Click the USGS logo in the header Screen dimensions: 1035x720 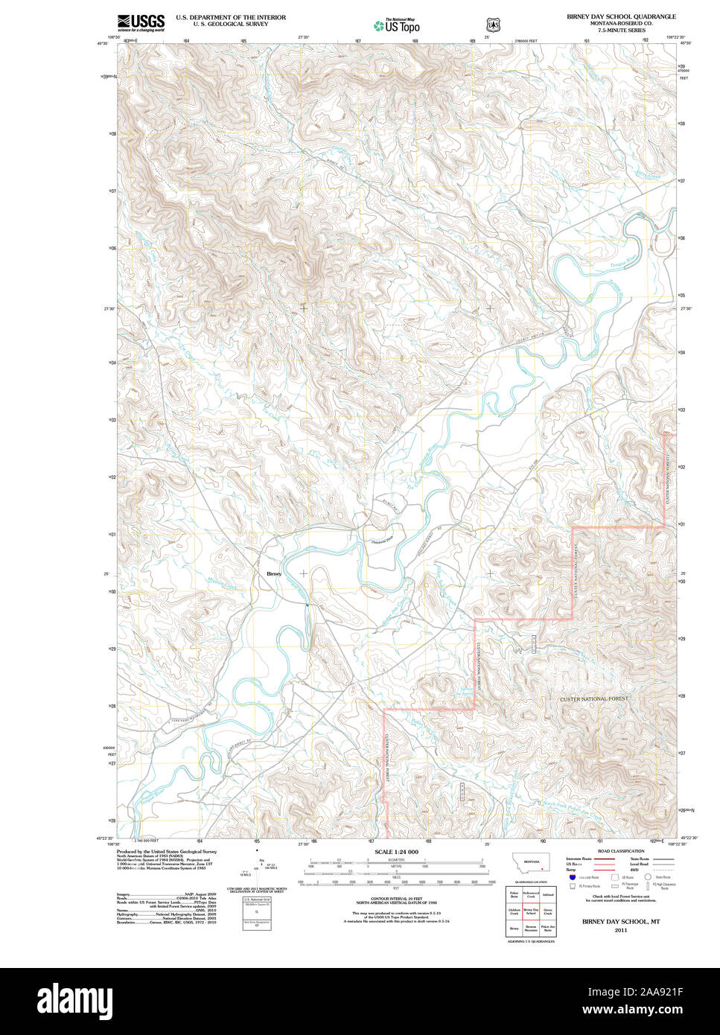[141, 22]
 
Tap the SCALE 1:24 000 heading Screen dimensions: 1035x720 [396, 852]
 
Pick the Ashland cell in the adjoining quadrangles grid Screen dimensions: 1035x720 [548, 894]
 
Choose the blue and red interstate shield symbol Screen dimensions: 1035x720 [572, 877]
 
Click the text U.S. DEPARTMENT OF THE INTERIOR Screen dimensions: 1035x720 [230, 16]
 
